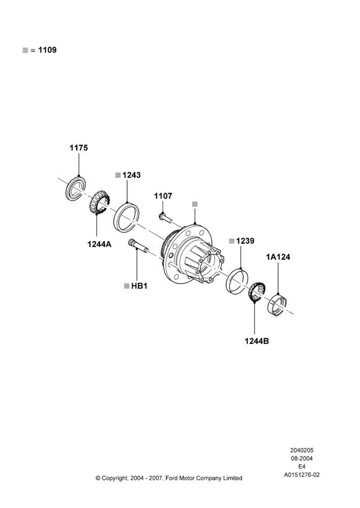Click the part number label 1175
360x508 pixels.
click(x=78, y=148)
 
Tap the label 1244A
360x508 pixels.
click(x=99, y=244)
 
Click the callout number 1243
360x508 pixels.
click(x=132, y=175)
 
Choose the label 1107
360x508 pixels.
click(x=163, y=196)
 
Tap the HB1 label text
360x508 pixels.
click(x=139, y=286)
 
